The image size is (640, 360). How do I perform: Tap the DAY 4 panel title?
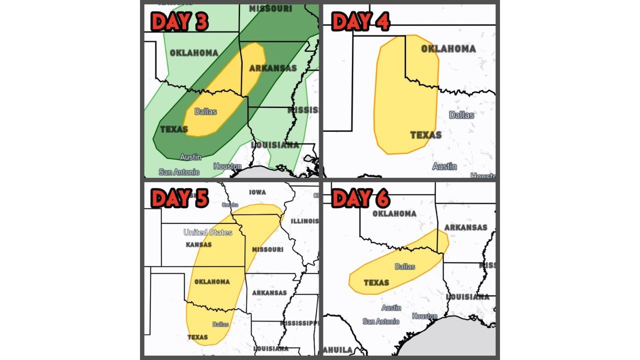tap(360, 22)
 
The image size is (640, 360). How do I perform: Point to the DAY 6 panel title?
tap(360, 198)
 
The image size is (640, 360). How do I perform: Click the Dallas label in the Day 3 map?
tap(205, 111)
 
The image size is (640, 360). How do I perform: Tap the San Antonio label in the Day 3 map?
tap(179, 172)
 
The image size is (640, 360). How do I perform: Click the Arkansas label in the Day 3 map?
tap(272, 68)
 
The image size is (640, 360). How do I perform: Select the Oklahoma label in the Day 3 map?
tap(193, 53)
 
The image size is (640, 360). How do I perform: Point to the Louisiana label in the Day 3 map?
tap(275, 145)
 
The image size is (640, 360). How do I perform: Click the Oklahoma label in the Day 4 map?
tap(448, 48)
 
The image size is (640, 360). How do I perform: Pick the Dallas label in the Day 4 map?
tap(461, 115)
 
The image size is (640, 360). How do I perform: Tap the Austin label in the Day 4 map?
tap(444, 166)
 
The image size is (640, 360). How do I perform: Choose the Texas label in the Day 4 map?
tap(425, 135)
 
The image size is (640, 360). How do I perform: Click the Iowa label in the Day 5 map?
tap(257, 192)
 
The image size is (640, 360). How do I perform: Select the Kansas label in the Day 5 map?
tap(198, 244)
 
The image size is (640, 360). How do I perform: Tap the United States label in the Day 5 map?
tap(207, 232)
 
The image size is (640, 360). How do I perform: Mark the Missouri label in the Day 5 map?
tap(267, 249)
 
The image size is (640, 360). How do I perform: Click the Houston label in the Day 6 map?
tap(424, 316)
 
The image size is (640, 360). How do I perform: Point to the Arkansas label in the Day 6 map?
tap(465, 227)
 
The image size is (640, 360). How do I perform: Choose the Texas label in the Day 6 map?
tap(376, 282)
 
